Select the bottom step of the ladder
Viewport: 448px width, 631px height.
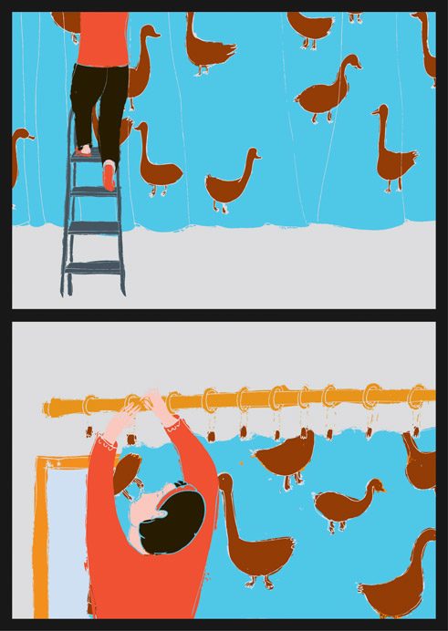click(x=94, y=267)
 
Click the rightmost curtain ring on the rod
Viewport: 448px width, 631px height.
click(x=418, y=398)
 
